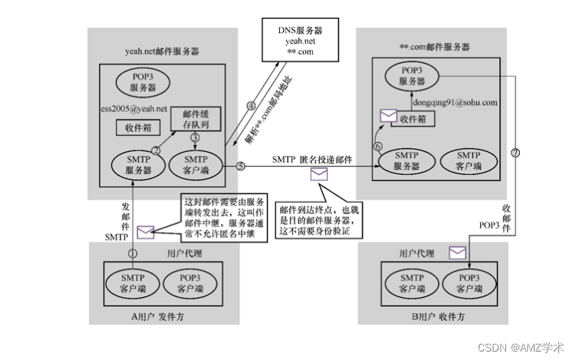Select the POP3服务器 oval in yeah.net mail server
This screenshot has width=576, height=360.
pyautogui.click(x=142, y=81)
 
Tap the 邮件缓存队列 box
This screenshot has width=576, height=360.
pyautogui.click(x=196, y=118)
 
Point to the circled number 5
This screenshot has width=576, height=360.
pyautogui.click(x=240, y=166)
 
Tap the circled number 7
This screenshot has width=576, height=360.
pyautogui.click(x=515, y=153)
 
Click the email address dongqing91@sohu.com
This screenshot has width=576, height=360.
pyautogui.click(x=445, y=101)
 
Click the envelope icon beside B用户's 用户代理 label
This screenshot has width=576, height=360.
pyautogui.click(x=458, y=252)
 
